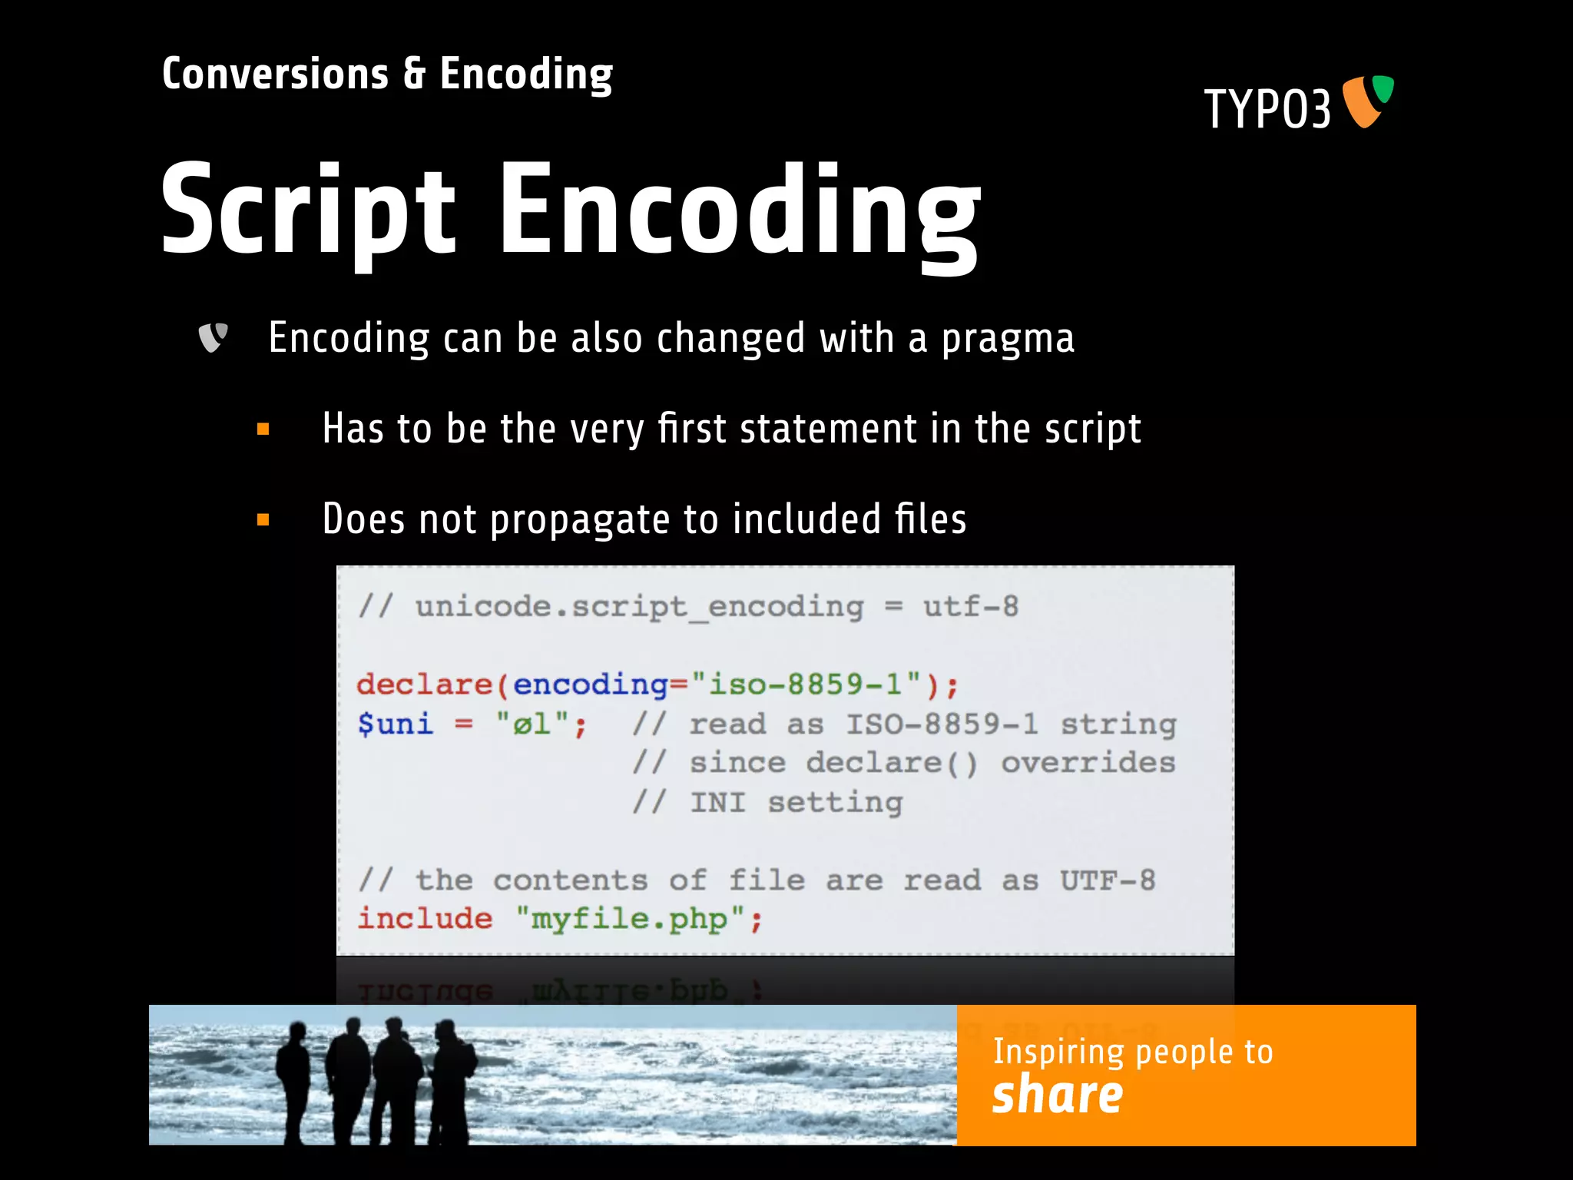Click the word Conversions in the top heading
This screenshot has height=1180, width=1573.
(275, 75)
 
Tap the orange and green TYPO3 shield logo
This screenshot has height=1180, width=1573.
(1367, 101)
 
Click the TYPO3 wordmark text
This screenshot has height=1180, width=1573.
(1267, 109)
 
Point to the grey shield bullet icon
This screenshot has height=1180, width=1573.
(213, 337)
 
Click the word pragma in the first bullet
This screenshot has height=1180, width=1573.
(1008, 339)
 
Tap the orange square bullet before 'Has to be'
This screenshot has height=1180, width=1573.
(263, 429)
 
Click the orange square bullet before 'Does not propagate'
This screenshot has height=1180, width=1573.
(263, 520)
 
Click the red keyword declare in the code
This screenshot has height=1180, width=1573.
(424, 684)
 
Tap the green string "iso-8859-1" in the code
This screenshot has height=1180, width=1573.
(806, 684)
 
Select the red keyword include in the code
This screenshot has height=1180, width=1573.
(425, 919)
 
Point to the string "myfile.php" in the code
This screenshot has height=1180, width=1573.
(630, 919)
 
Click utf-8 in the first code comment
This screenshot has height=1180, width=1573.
(971, 607)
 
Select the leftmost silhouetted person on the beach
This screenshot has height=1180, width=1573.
(293, 1076)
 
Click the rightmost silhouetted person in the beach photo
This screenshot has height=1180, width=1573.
(452, 1076)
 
